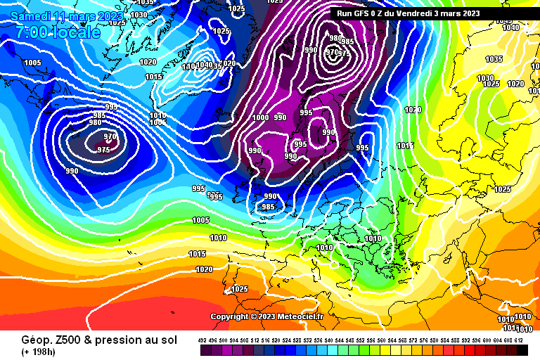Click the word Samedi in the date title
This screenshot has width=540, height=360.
(35, 16)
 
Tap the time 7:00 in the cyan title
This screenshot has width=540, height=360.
(33, 32)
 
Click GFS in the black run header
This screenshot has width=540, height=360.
(366, 13)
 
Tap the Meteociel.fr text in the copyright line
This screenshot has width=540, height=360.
(300, 316)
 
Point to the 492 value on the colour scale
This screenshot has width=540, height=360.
(202, 340)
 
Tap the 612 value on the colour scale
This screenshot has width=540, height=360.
(519, 340)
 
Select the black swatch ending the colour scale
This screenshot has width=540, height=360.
(522, 349)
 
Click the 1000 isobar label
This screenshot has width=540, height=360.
(260, 117)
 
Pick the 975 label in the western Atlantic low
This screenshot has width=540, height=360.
(103, 149)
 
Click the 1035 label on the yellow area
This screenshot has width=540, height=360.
(494, 59)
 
